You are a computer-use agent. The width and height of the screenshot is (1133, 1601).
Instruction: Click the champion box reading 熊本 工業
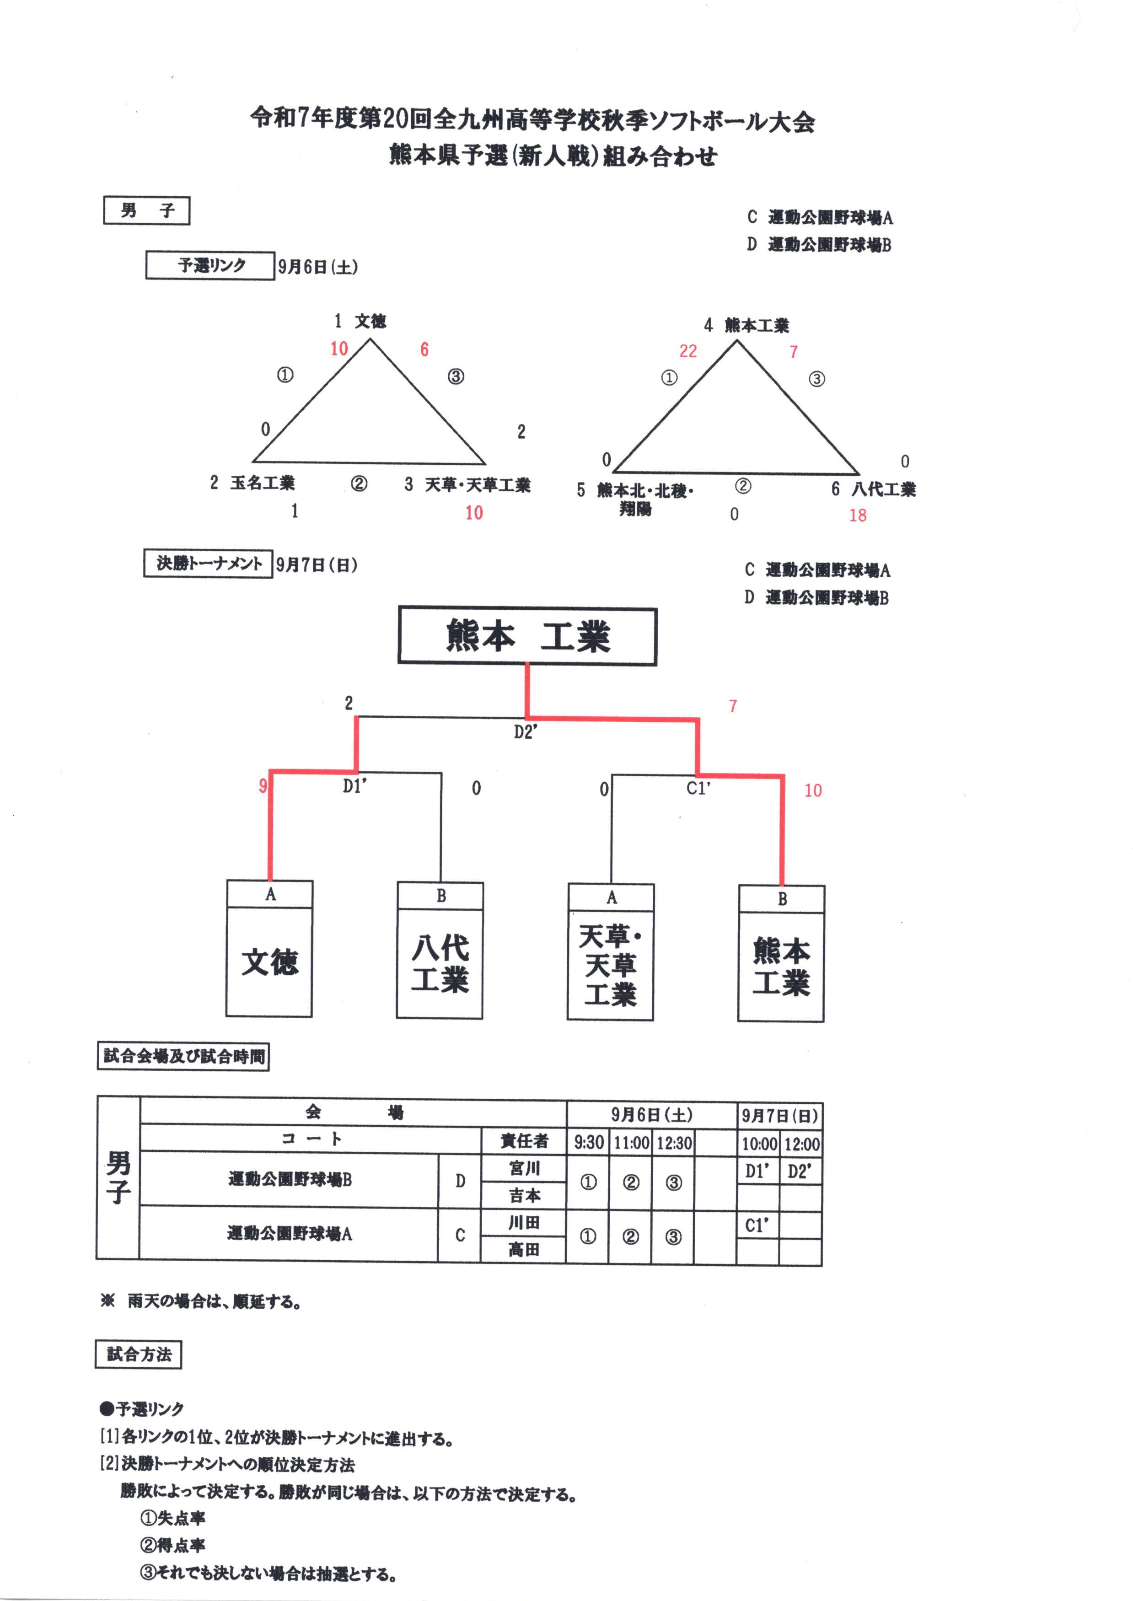tap(527, 636)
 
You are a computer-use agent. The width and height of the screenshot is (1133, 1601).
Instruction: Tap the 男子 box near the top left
tap(146, 211)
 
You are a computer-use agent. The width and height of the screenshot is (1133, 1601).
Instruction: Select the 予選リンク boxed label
tap(210, 265)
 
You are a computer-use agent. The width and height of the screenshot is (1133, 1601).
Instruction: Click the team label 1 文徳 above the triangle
tap(360, 321)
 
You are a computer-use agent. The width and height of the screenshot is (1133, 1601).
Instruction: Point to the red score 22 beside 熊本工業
tap(688, 351)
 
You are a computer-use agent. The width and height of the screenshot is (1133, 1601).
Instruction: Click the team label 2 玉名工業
tap(252, 483)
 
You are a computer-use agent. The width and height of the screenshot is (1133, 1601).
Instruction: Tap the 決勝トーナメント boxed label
tap(208, 564)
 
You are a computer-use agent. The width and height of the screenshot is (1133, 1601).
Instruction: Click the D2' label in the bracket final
tap(526, 732)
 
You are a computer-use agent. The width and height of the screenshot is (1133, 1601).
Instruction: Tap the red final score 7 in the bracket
tap(733, 706)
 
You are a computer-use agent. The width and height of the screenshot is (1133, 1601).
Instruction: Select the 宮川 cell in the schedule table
tap(524, 1168)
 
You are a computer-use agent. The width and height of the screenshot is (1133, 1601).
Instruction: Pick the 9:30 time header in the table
tap(588, 1142)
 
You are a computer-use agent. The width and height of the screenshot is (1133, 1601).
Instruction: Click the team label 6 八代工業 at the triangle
tap(874, 489)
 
